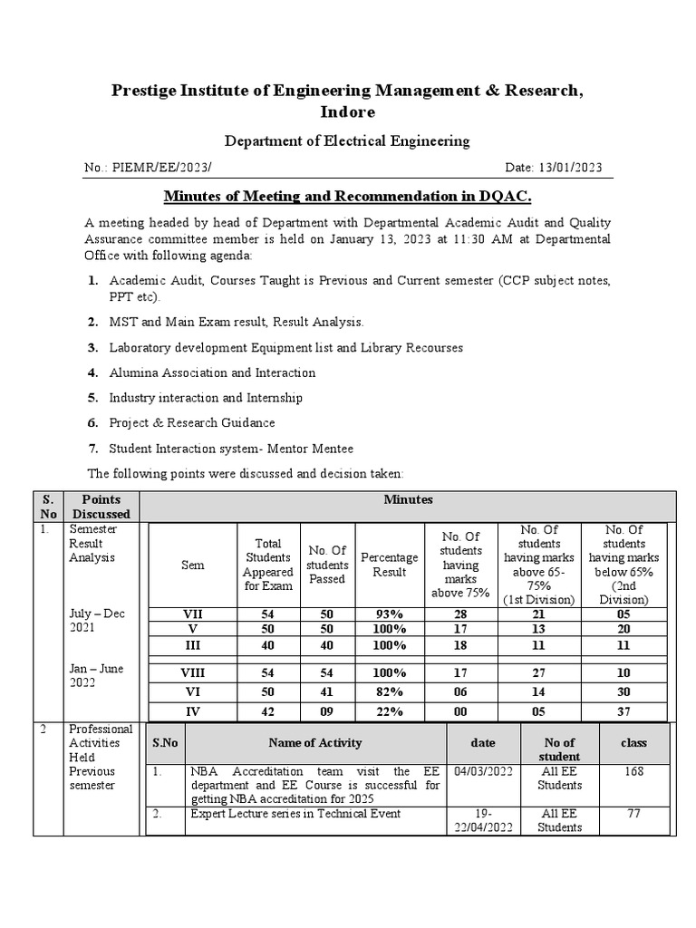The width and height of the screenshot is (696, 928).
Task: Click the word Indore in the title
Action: click(347, 111)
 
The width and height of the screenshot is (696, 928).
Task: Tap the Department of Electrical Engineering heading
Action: click(347, 140)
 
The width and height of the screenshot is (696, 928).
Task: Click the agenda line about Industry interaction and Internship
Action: click(206, 398)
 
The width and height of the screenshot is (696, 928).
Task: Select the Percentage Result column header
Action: click(390, 565)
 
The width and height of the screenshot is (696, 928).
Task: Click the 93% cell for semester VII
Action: click(390, 614)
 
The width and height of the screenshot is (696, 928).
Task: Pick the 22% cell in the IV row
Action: click(390, 711)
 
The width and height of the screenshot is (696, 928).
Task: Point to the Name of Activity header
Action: click(315, 742)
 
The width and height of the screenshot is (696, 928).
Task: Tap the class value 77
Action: click(633, 814)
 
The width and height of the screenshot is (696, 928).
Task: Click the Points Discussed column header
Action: click(101, 507)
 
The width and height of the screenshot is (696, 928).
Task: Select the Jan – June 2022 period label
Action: click(97, 675)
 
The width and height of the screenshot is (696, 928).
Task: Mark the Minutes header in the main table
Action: click(408, 499)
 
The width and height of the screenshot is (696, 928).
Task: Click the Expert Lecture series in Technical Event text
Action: click(295, 814)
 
